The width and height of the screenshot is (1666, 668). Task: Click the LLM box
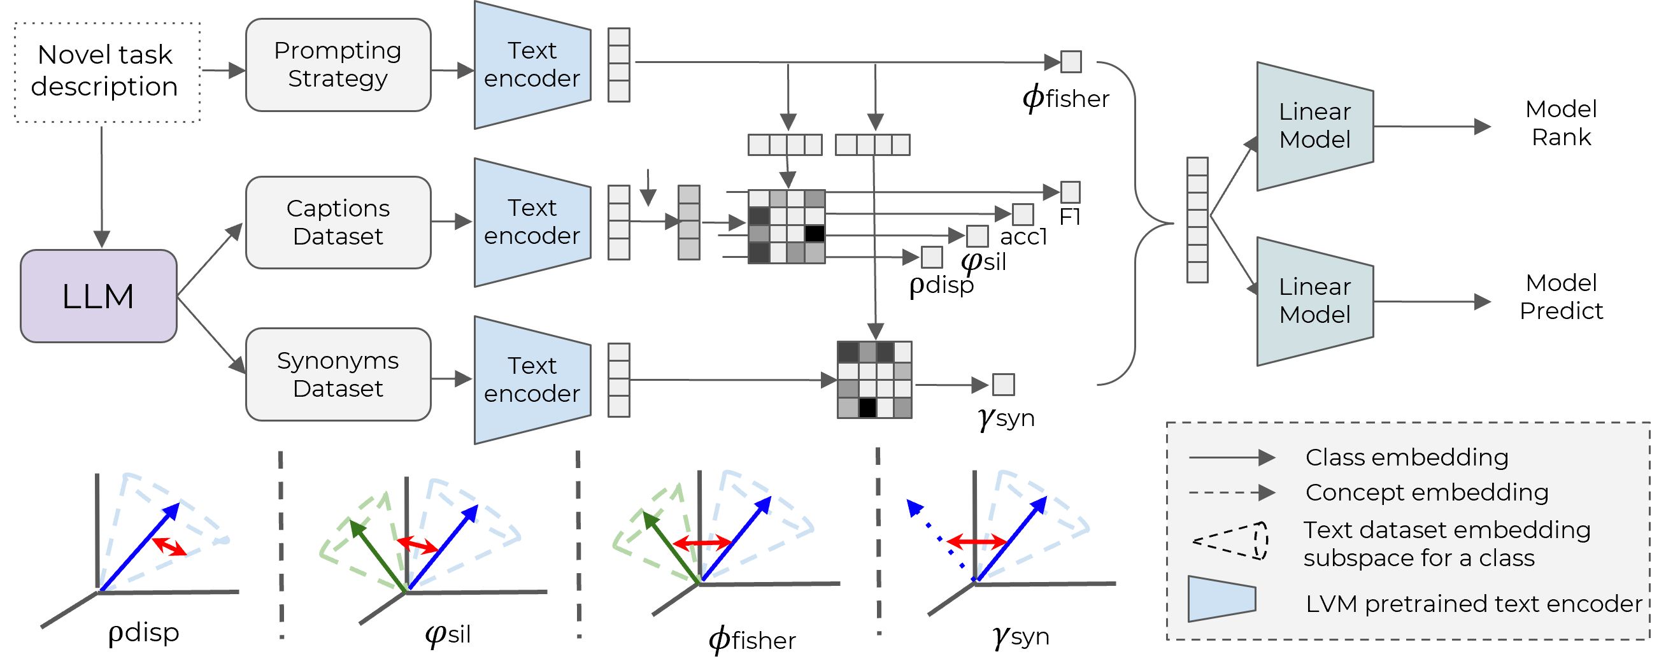coord(98,296)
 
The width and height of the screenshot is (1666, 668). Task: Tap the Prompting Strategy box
coord(338,65)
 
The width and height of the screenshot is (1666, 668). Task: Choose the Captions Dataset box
coord(338,222)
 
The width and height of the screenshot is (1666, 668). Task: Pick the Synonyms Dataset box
coord(338,374)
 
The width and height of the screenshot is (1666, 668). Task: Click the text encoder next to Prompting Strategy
coord(532,65)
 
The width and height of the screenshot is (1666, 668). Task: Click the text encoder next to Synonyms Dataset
coord(532,380)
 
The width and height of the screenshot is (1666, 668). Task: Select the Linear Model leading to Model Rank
coord(1314,126)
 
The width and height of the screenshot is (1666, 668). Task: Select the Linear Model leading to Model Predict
coord(1314,301)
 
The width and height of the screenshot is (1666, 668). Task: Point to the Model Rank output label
coord(1560,123)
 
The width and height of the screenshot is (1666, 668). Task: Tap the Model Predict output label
coord(1560,297)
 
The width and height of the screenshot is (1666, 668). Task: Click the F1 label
coord(1070,217)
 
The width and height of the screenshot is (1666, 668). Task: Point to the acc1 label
coord(1023,237)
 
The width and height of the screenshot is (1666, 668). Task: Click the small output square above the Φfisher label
coord(1071,62)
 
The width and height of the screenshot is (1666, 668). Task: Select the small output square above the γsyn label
coord(1003,385)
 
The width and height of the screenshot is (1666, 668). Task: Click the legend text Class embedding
coord(1407,458)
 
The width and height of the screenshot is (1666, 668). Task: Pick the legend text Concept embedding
coord(1426,493)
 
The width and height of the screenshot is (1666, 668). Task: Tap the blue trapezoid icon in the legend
coord(1221,599)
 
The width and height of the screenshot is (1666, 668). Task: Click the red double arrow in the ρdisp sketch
coord(169,546)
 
